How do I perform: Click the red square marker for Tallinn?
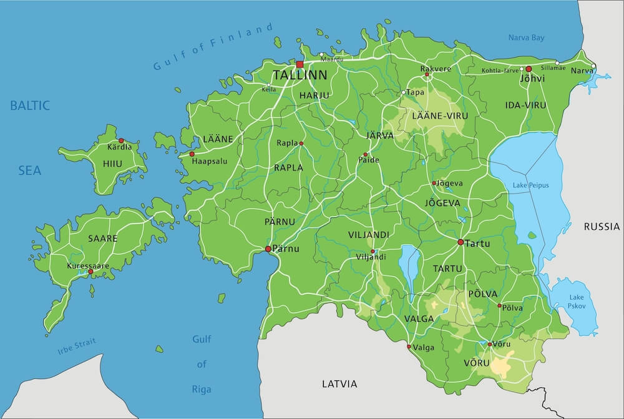[300, 64]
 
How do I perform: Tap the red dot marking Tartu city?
[461, 242]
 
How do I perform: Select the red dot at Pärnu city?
[268, 249]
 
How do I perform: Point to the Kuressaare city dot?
[90, 272]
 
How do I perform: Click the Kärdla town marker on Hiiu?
[121, 141]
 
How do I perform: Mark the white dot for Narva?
[593, 66]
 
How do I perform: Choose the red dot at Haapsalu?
[192, 154]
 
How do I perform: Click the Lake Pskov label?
[575, 301]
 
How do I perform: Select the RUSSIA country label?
[602, 227]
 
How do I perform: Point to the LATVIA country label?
[339, 383]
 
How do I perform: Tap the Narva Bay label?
[526, 38]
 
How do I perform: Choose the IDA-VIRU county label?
[525, 105]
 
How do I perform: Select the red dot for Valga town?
[409, 347]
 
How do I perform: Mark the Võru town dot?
[490, 344]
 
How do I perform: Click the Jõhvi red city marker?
[529, 69]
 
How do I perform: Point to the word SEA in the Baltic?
[29, 170]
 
